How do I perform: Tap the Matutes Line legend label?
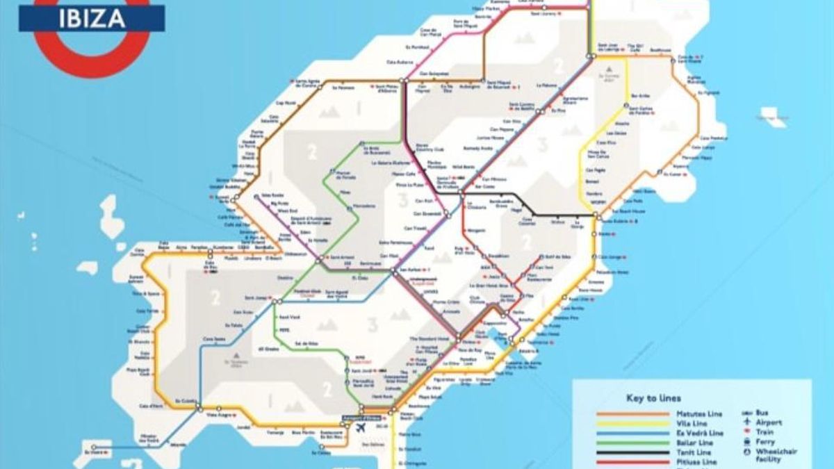click(698, 414)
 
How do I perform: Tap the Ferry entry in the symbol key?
click(764, 441)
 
